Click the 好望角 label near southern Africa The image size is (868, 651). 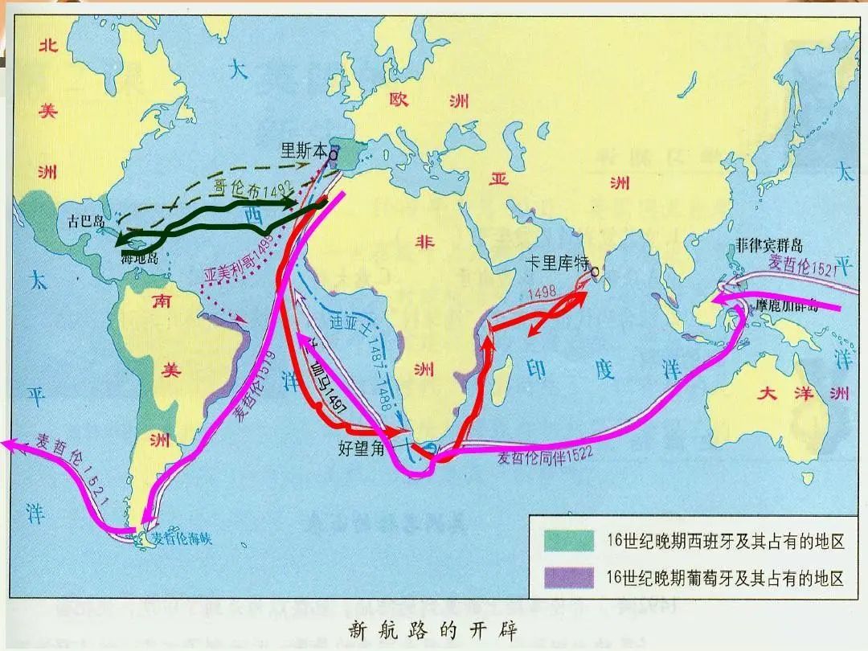(362, 448)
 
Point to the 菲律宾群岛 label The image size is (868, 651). (768, 246)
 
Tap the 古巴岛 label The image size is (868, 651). (86, 220)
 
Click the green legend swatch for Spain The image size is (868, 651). (567, 541)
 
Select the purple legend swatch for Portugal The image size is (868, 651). (567, 577)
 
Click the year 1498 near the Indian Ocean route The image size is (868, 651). (542, 293)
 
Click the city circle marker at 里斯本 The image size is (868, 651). (334, 149)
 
